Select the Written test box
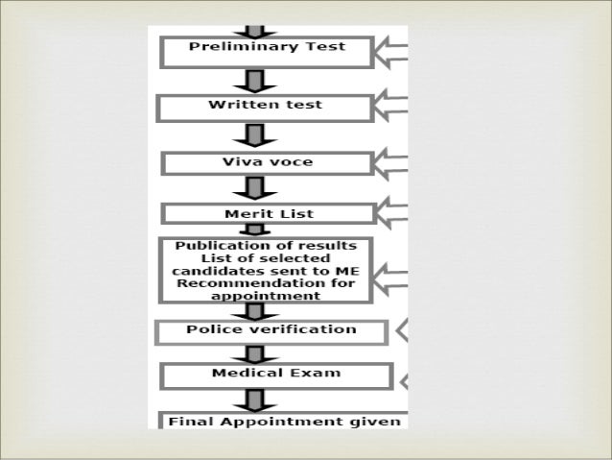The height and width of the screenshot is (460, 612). (x=265, y=107)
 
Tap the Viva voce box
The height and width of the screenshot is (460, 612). (x=267, y=163)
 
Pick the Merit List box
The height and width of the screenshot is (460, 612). (x=266, y=213)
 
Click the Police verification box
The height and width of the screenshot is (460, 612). (x=271, y=331)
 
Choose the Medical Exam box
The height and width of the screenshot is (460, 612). (x=276, y=375)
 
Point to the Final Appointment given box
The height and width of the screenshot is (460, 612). (x=283, y=421)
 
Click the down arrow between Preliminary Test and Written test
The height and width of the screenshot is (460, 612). (x=254, y=81)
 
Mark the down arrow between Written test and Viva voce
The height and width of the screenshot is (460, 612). (x=254, y=135)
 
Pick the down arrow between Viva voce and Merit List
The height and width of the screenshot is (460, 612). (x=254, y=188)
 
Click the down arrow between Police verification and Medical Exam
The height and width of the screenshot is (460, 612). (x=254, y=353)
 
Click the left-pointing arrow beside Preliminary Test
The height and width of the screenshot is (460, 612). (x=392, y=52)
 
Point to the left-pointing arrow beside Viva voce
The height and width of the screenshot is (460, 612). (x=392, y=162)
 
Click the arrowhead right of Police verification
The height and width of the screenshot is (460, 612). (x=403, y=331)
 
